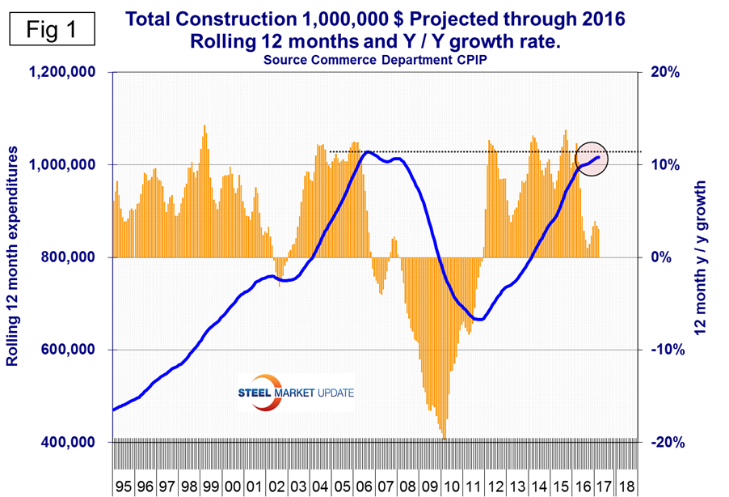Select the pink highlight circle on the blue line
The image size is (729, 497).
pos(591,158)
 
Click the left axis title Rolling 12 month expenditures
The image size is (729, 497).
pos(13,257)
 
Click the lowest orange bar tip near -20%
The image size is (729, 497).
pos(445,439)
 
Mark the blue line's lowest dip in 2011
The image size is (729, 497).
pos(478,319)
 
